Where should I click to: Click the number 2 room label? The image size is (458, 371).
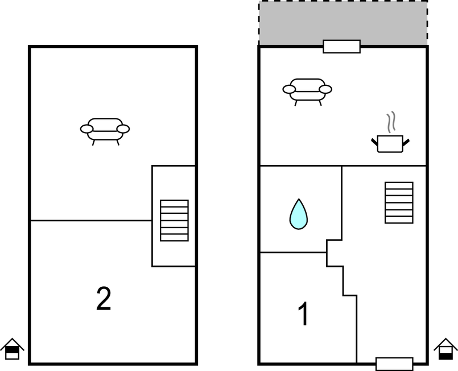pyautogui.click(x=104, y=299)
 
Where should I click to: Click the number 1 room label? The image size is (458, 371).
pyautogui.click(x=303, y=314)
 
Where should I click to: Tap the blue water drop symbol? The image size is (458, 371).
pyautogui.click(x=299, y=214)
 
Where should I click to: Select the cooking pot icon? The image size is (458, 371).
pyautogui.click(x=390, y=143)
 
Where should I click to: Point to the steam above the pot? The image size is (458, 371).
pyautogui.click(x=391, y=122)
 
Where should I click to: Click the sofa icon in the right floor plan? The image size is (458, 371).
pyautogui.click(x=307, y=92)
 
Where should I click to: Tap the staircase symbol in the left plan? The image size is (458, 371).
pyautogui.click(x=174, y=221)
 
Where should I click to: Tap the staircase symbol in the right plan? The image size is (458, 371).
pyautogui.click(x=399, y=203)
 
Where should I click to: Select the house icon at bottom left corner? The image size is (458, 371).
pyautogui.click(x=12, y=349)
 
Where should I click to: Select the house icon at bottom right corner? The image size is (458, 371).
pyautogui.click(x=445, y=349)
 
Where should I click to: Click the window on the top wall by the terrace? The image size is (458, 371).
pyautogui.click(x=342, y=47)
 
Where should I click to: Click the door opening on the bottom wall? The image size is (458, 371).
pyautogui.click(x=394, y=364)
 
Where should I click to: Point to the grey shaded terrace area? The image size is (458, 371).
pyautogui.click(x=343, y=22)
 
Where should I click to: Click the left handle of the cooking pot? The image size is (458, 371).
pyautogui.click(x=374, y=142)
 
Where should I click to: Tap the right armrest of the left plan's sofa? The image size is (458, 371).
pyautogui.click(x=123, y=129)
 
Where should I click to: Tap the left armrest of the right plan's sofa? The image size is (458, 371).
pyautogui.click(x=289, y=89)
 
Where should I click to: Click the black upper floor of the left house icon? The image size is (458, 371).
pyautogui.click(x=12, y=349)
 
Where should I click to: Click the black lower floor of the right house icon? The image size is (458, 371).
pyautogui.click(x=445, y=356)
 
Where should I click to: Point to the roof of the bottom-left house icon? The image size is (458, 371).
pyautogui.click(x=12, y=342)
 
